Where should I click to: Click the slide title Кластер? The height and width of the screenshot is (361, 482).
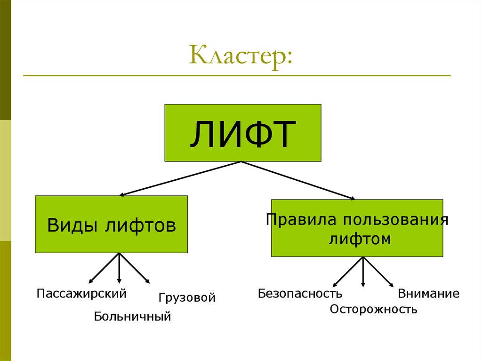240,56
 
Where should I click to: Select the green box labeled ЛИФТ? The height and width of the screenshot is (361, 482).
242,133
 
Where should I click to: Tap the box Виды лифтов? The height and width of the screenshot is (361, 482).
111,225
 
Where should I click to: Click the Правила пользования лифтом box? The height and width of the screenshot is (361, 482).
357,228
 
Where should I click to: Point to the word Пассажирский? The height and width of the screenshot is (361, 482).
82,294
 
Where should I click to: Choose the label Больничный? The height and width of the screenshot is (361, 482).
132,316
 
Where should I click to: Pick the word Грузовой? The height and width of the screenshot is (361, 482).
187,297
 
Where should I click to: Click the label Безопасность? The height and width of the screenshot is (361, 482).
300,294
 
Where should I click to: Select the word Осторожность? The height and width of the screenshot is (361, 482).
373,309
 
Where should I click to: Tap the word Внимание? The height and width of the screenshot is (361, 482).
428,294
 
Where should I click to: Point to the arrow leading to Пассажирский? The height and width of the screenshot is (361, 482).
104,268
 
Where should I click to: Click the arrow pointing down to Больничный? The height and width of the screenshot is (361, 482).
119,268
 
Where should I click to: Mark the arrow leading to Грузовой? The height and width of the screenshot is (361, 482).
135,268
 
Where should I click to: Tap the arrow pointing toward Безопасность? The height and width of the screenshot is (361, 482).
348,272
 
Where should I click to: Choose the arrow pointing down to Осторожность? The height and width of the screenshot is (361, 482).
363,272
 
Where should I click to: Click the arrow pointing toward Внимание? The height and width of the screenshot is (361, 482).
378,272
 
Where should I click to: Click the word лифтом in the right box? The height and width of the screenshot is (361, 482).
360,239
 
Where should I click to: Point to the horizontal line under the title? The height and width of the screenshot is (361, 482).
237,76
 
